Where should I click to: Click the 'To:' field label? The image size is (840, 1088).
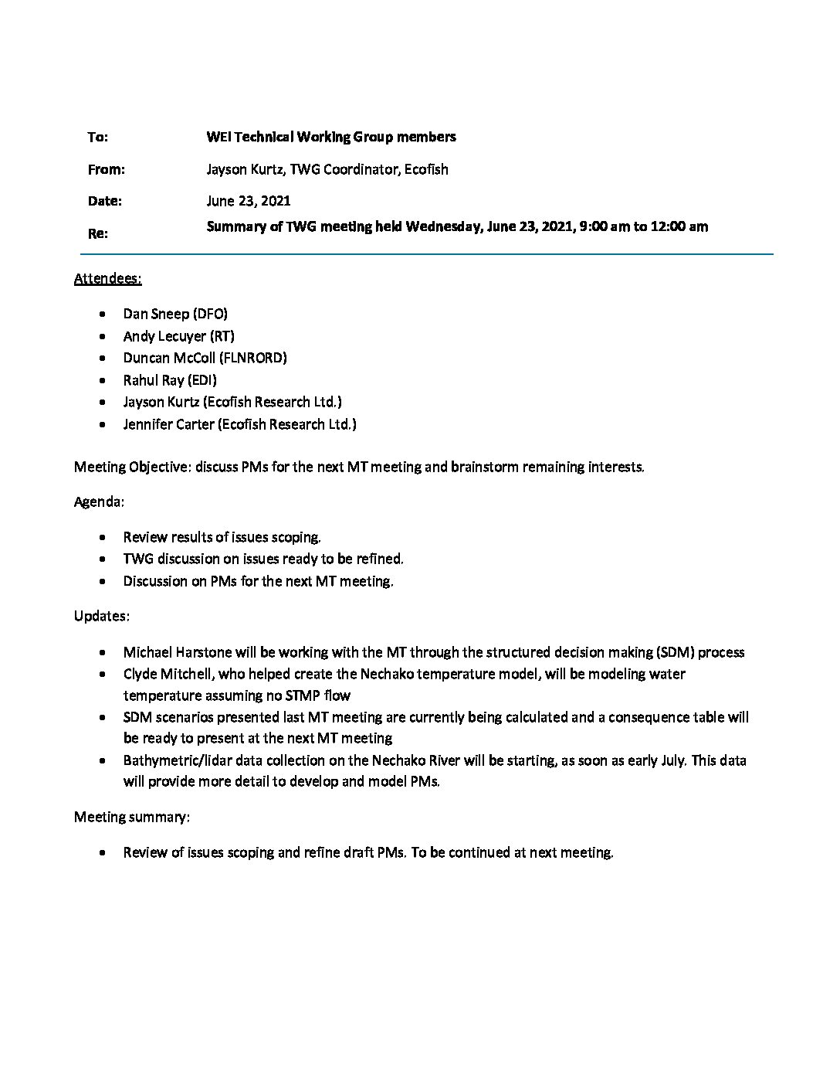point(97,138)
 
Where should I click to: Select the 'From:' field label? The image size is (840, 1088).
point(106,170)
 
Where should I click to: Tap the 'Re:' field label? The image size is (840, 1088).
point(97,233)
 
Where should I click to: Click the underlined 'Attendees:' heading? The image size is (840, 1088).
point(107,278)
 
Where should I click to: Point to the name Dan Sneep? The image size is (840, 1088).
point(156,314)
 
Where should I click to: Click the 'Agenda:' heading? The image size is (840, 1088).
point(99,502)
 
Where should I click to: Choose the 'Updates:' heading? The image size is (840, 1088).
point(101,616)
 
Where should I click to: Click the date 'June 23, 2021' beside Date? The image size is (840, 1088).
point(249,202)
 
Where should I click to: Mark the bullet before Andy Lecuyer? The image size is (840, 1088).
point(104,337)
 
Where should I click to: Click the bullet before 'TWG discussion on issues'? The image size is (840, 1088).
point(104,559)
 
